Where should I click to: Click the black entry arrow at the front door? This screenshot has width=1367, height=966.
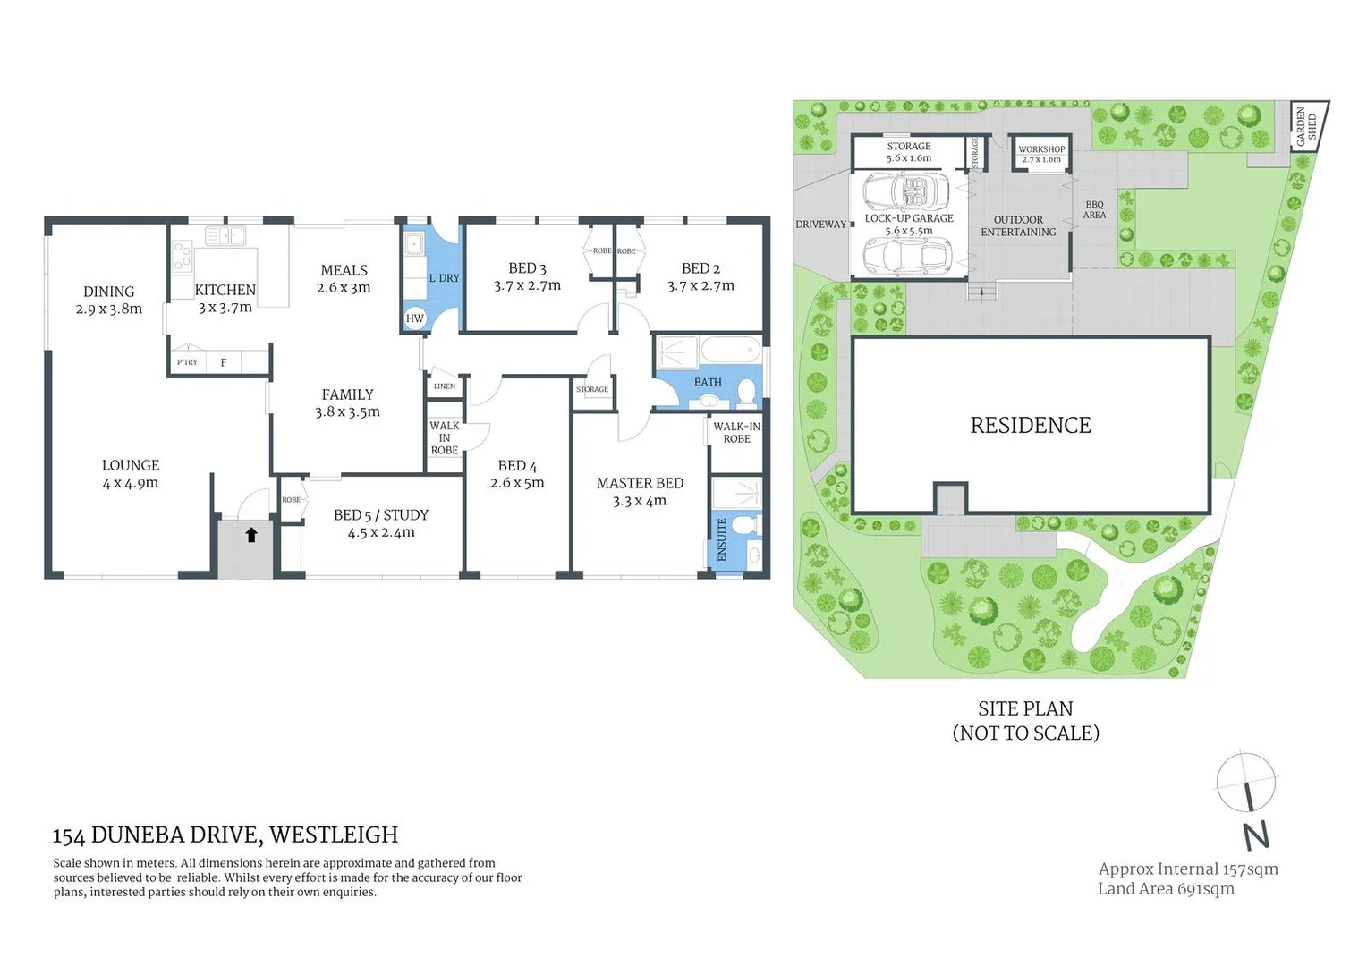[251, 535]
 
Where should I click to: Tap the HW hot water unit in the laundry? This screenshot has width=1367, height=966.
[414, 318]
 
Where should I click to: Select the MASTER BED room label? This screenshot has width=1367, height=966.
[640, 483]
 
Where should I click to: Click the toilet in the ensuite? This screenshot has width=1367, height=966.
[749, 524]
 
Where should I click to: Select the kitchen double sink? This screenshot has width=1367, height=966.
[225, 236]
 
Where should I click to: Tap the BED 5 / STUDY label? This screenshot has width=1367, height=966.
[381, 515]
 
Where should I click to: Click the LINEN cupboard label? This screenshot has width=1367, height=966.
[444, 386]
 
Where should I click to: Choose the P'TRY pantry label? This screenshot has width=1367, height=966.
[187, 362]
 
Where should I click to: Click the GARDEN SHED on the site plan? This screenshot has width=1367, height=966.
[1307, 126]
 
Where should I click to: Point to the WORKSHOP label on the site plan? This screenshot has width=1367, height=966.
[1041, 149]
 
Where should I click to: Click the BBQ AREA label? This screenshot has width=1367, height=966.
[1094, 210]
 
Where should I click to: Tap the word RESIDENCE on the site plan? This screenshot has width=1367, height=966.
[1031, 426]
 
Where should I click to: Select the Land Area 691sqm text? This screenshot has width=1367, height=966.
[1166, 889]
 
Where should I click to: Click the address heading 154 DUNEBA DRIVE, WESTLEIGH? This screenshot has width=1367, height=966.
[225, 835]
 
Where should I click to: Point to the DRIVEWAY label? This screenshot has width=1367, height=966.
[820, 225]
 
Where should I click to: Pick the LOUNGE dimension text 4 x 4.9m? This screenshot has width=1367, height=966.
[131, 483]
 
